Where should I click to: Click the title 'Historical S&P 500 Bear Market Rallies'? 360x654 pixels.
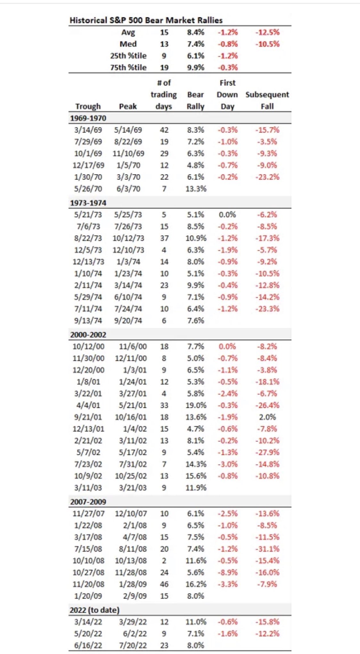pos(146,20)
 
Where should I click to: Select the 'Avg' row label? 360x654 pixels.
pos(128,32)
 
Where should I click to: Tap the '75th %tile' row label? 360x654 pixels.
pos(128,68)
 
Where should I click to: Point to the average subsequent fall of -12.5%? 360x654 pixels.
pos(267,32)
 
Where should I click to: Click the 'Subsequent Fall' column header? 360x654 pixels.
pos(267,100)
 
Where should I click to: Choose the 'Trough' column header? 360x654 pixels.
pos(88,106)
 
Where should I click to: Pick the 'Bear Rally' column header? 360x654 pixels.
pos(195,100)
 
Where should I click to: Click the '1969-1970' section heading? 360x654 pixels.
pos(88,118)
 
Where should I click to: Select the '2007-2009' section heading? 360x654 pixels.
pos(88,502)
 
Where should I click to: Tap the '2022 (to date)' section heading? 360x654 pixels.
pos(94,610)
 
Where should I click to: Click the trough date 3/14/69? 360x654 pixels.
pos(88,130)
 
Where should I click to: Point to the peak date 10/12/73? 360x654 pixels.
pos(128,238)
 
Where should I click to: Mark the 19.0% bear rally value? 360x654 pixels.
pos(196,405)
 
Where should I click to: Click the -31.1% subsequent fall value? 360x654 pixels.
pos(267,549)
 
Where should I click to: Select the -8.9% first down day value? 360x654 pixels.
pos(228,572)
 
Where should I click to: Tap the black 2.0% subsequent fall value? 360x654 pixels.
pos(267,417)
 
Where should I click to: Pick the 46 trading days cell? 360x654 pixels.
pos(164,584)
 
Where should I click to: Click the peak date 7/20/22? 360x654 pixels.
pos(133,645)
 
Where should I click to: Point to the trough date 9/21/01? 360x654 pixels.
pos(88,417)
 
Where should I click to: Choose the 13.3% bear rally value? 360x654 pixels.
pos(196,189)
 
